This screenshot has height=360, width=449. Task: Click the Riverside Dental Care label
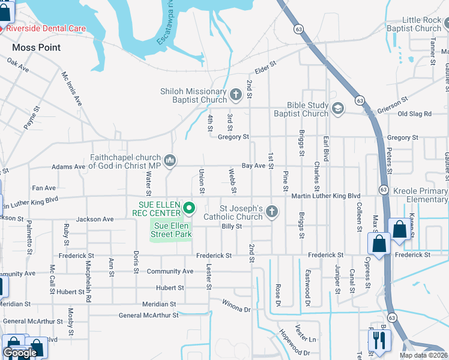click(46, 28)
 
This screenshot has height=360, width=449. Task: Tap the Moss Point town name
click(36, 47)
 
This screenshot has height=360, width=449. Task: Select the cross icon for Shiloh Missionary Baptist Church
click(236, 94)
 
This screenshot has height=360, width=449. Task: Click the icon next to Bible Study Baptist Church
click(338, 108)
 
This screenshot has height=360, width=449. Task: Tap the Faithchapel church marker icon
click(170, 160)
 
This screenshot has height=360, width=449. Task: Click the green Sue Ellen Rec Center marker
click(190, 208)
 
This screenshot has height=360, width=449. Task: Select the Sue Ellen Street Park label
click(170, 230)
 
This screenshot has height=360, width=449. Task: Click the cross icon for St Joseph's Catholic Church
click(272, 211)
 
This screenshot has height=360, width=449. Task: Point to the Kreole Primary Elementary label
click(420, 195)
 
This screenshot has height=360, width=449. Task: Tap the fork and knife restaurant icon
click(379, 340)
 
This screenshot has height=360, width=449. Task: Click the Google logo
click(20, 353)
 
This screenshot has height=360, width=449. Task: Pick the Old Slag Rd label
click(415, 113)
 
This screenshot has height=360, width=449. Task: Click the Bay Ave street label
click(253, 165)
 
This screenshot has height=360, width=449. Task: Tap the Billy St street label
click(231, 226)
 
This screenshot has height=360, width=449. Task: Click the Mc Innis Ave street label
click(71, 89)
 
